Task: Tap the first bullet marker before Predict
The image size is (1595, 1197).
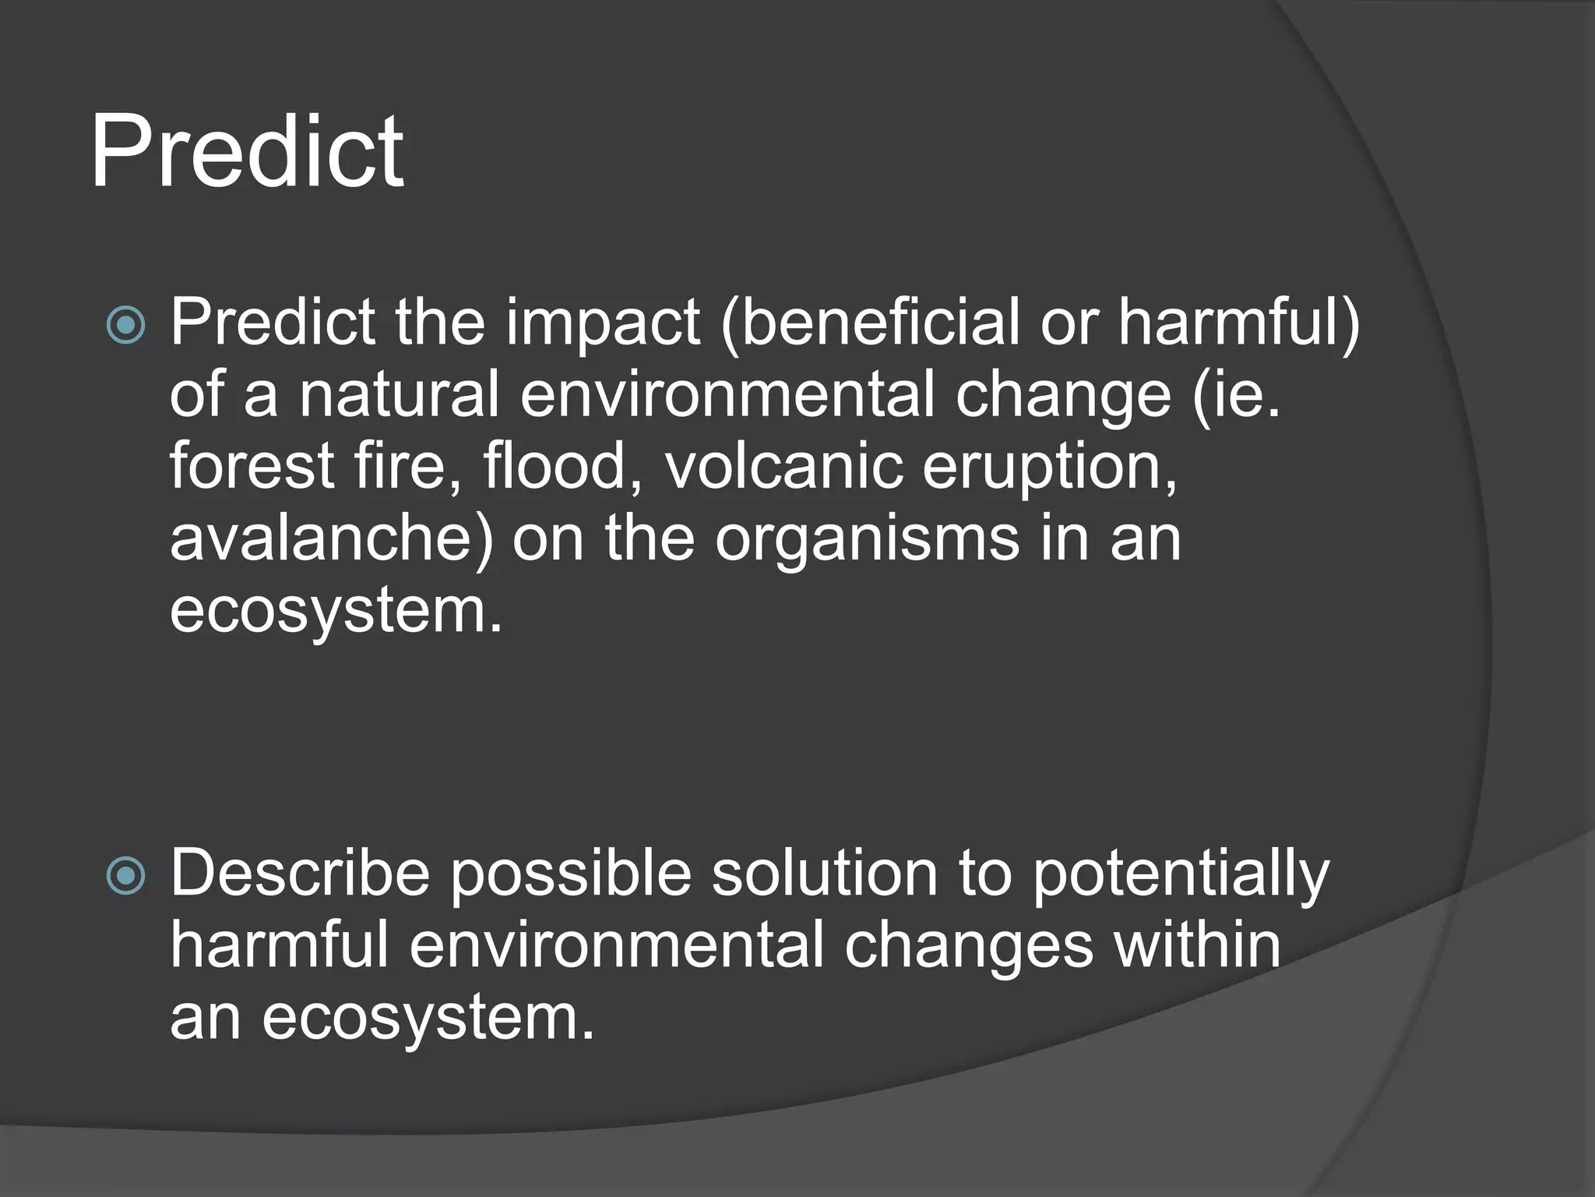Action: pos(125,325)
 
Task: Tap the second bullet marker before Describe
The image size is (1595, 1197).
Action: pos(125,875)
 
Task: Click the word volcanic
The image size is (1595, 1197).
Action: pos(783,466)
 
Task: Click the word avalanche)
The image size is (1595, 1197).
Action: pos(332,539)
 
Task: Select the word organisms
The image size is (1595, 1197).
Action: pos(867,539)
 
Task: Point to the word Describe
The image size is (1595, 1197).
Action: pos(300,873)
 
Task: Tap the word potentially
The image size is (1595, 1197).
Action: pos(1181,874)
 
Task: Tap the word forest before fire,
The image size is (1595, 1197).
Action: pos(252,466)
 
